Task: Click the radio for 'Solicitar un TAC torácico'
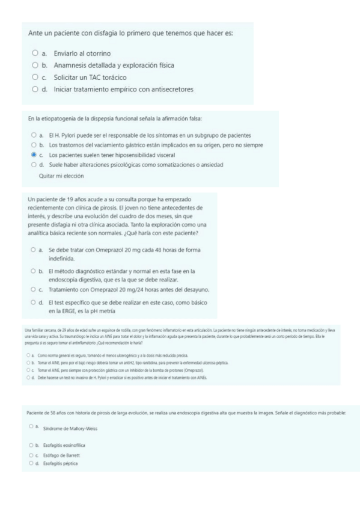(x=35, y=78)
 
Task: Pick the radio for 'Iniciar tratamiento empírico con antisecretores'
(x=35, y=90)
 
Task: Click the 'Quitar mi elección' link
(x=60, y=177)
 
